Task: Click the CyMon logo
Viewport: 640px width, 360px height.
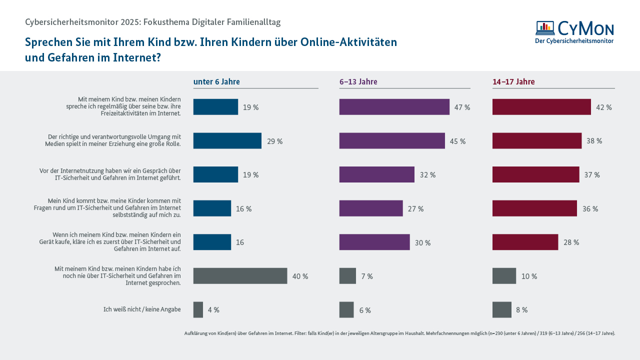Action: point(574,32)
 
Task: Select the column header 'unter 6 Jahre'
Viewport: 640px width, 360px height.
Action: point(216,82)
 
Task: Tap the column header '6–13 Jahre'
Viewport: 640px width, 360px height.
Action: point(358,82)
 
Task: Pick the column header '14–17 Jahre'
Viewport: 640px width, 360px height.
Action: point(513,82)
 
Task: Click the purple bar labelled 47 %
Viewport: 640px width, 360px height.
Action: point(394,107)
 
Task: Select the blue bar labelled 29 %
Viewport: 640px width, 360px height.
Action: point(227,141)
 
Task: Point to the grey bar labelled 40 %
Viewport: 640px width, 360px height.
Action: point(240,276)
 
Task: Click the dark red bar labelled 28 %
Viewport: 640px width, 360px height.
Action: point(525,242)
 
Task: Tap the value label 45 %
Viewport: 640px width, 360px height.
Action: point(457,141)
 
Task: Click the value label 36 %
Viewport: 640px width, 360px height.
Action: point(590,209)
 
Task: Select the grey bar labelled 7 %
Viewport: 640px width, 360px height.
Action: point(347,276)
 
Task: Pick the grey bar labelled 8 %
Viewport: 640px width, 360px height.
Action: point(501,310)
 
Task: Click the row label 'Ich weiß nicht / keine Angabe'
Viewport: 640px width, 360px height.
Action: point(142,309)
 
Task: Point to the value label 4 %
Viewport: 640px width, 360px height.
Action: point(213,310)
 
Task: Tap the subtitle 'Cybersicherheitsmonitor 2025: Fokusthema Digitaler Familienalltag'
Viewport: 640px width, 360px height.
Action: point(152,22)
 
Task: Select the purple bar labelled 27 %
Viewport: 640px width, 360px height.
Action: point(370,208)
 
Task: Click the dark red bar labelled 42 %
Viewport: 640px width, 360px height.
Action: point(541,107)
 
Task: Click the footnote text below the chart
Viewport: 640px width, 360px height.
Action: point(399,333)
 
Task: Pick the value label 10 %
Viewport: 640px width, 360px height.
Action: point(529,276)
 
